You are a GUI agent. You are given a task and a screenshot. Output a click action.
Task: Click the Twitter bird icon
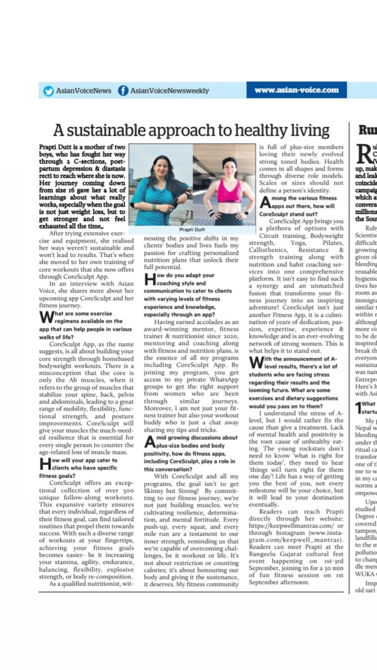pyautogui.click(x=49, y=91)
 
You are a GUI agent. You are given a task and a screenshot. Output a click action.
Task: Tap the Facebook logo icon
pyautogui.click(x=123, y=91)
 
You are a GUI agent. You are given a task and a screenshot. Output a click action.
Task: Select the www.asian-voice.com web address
pyautogui.click(x=296, y=90)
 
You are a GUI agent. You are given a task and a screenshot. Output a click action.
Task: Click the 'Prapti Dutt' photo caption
pyautogui.click(x=192, y=230)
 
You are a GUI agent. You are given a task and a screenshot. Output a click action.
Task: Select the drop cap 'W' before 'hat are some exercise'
pyautogui.click(x=46, y=317)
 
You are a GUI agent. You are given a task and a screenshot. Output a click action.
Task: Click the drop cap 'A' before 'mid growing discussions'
pyautogui.click(x=150, y=441)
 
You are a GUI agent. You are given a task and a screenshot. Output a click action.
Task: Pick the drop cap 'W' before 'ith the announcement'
pyautogui.click(x=256, y=363)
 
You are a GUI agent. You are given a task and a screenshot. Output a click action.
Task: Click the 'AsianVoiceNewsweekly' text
pyautogui.click(x=169, y=91)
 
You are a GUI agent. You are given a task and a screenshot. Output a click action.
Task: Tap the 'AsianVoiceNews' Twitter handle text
pyautogui.click(x=83, y=91)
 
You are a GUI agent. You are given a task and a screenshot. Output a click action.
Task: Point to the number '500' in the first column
pyautogui.click(x=128, y=490)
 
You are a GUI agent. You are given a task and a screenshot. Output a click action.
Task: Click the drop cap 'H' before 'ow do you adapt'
pyautogui.click(x=150, y=279)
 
